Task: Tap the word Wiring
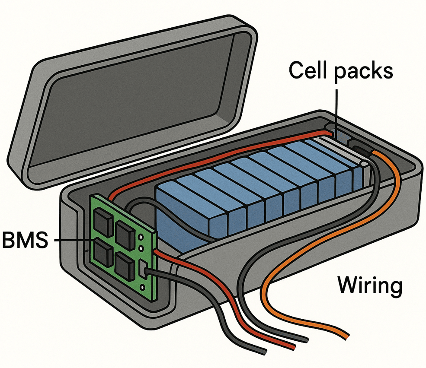pos(370,286)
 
